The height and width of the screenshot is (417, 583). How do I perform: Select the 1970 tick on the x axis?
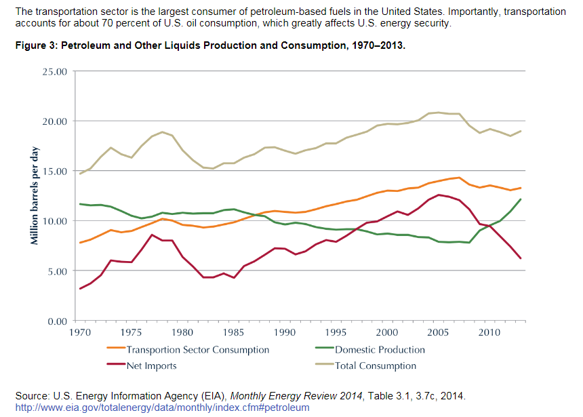pos(80,333)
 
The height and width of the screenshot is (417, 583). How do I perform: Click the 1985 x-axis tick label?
pos(233,333)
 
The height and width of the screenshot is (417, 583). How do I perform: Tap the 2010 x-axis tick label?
pos(489,333)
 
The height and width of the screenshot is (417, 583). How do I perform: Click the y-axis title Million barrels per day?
pos(35,195)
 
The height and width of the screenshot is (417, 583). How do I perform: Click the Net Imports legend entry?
pos(151,366)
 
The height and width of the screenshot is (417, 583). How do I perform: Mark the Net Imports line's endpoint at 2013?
pos(520,258)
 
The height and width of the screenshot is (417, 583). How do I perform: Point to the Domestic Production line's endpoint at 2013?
pos(520,199)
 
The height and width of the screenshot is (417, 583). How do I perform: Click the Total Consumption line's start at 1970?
pos(80,174)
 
